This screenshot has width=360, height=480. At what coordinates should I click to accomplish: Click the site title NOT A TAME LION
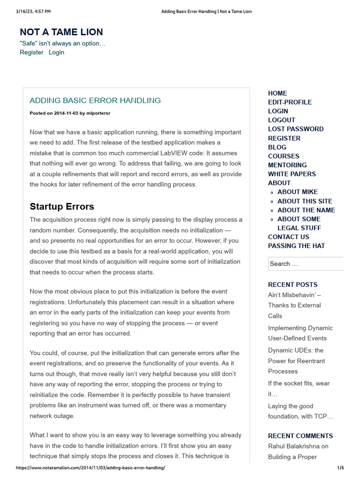click(61, 32)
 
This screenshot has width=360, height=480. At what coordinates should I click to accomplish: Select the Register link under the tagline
click(31, 52)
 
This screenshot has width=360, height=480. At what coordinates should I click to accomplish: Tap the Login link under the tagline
click(56, 52)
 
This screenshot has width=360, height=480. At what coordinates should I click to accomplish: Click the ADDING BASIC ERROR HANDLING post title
click(95, 100)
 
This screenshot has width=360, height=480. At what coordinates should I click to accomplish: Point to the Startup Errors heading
click(62, 207)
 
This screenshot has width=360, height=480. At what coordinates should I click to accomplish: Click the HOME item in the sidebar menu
click(277, 93)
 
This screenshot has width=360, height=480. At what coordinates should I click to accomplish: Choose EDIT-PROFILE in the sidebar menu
click(290, 102)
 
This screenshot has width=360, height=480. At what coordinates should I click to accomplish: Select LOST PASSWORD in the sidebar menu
click(295, 129)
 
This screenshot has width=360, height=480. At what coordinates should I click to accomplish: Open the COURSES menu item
click(284, 156)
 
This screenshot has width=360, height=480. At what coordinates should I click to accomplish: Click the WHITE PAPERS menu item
click(292, 174)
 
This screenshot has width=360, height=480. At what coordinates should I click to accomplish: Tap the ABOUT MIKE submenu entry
click(297, 192)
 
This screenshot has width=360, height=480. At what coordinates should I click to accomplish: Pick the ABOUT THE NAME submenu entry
click(306, 210)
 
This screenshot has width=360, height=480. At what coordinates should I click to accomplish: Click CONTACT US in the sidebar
click(288, 237)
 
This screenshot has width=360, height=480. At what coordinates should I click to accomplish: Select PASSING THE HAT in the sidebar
click(296, 246)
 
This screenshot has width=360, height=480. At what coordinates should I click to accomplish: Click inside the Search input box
click(305, 264)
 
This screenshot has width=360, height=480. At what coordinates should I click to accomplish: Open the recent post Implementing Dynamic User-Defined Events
click(300, 333)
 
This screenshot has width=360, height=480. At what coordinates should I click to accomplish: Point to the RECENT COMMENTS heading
click(300, 436)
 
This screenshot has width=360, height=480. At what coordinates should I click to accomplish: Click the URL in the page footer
click(90, 468)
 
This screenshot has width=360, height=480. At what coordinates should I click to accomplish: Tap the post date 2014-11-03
click(66, 113)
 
